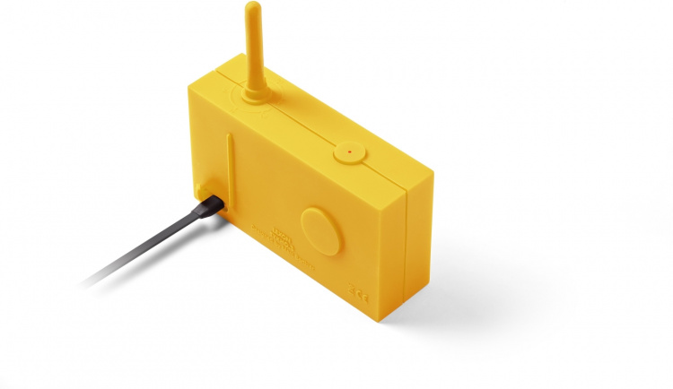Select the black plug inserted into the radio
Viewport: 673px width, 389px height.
pos(209,205)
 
